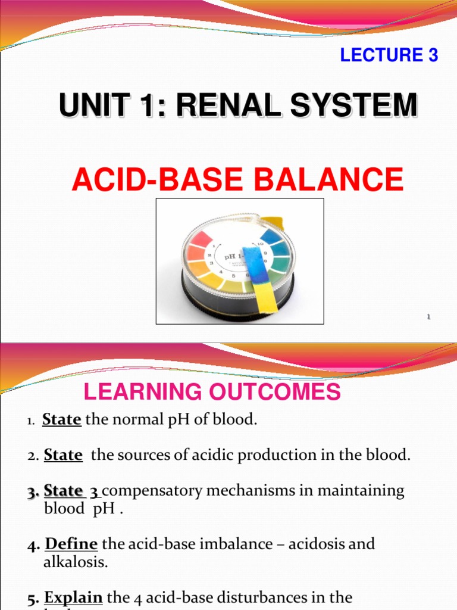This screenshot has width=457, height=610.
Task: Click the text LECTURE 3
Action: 389,55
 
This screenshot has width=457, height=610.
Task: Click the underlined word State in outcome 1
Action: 62,419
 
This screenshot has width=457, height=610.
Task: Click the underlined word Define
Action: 71,544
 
